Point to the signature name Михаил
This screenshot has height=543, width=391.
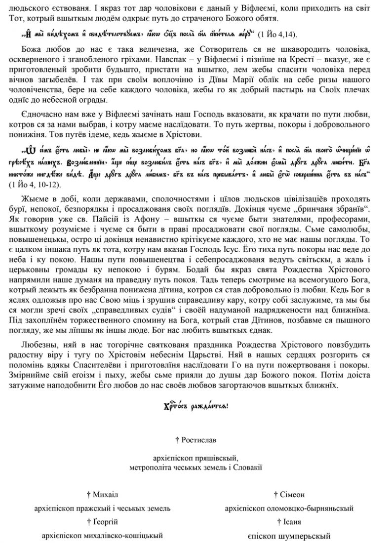(x=105, y=494)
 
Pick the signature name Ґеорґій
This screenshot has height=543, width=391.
(x=105, y=522)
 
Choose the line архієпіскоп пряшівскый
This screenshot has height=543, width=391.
(x=195, y=458)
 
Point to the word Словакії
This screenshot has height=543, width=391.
(x=246, y=466)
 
